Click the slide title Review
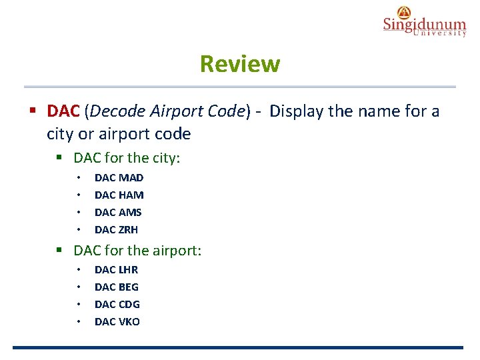coord(240,65)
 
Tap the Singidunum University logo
coord(424,21)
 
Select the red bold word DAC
coord(63,111)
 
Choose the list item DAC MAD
coord(119,177)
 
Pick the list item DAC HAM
coord(119,195)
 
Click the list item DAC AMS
coord(118,212)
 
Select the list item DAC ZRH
coord(116,229)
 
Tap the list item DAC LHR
coord(116,269)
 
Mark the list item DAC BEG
coord(117,287)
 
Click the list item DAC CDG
coord(117,304)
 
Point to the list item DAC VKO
coord(117,321)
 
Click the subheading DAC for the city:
coord(127,158)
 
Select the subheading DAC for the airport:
coord(137,251)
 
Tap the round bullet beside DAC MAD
coord(79,178)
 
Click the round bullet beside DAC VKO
coord(79,322)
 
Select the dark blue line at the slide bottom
coord(237,347)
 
